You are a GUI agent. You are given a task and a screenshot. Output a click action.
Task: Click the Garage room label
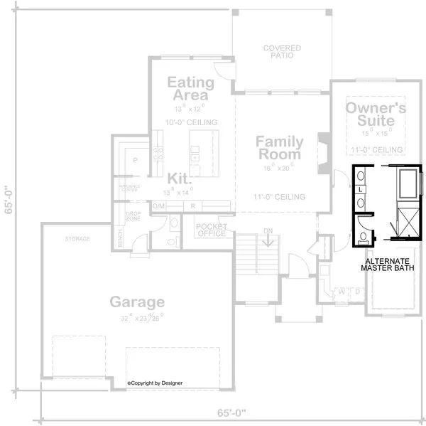pyautogui.click(x=137, y=302)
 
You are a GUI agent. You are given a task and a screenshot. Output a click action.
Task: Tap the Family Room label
pyautogui.click(x=279, y=148)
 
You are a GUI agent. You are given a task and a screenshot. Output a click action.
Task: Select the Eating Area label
pyautogui.click(x=188, y=89)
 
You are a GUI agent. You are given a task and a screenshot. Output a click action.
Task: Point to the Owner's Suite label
pyautogui.click(x=376, y=115)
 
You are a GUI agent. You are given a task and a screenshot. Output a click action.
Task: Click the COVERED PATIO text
pyautogui.click(x=282, y=52)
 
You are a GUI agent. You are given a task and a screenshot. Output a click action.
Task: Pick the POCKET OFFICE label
pyautogui.click(x=211, y=230)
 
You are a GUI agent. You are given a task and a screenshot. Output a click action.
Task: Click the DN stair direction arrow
pyautogui.click(x=268, y=241)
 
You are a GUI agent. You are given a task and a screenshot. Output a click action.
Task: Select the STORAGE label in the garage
pyautogui.click(x=77, y=239)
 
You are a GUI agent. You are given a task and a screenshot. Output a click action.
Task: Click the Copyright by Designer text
pyautogui.click(x=155, y=383)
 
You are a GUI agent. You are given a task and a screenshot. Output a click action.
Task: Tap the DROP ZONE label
pyautogui.click(x=133, y=216)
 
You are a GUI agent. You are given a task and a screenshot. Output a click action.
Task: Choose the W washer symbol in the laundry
pyautogui.click(x=343, y=291)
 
